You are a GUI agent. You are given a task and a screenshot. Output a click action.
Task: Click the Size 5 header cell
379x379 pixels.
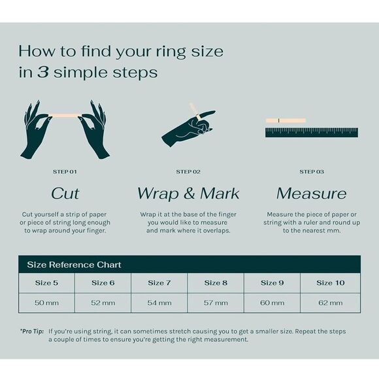click(46, 283)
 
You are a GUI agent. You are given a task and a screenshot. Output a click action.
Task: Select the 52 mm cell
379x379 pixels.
click(103, 303)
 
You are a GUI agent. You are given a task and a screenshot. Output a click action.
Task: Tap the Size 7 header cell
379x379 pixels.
click(159, 283)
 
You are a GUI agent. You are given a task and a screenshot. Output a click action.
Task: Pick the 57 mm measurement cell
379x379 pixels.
click(216, 303)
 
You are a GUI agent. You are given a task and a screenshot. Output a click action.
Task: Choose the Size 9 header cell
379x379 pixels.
click(272, 283)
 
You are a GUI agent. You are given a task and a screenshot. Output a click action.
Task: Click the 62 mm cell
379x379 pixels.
click(331, 303)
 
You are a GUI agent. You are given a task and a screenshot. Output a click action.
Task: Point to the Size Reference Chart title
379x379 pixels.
click(74, 265)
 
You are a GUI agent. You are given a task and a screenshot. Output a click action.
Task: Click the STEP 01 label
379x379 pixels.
click(65, 172)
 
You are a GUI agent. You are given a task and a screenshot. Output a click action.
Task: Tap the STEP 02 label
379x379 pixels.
click(188, 172)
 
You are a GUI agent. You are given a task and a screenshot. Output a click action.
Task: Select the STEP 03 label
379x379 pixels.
click(312, 172)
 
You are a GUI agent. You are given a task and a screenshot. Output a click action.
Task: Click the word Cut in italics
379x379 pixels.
click(65, 193)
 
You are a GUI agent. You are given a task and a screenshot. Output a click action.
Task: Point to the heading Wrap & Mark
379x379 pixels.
click(188, 193)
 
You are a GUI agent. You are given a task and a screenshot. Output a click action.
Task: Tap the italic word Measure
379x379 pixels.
click(312, 193)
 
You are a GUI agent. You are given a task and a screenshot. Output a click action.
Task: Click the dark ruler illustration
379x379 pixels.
click(312, 133)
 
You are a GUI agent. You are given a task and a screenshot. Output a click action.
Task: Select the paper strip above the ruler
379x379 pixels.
click(286, 120)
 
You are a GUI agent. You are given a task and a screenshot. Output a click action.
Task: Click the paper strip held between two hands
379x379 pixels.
click(65, 115)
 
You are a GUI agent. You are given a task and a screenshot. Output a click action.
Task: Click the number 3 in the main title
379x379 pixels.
click(43, 73)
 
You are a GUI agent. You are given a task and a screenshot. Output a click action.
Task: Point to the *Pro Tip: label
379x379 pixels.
click(32, 331)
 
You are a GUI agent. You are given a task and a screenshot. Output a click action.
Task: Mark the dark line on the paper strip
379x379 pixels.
click(278, 120)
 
